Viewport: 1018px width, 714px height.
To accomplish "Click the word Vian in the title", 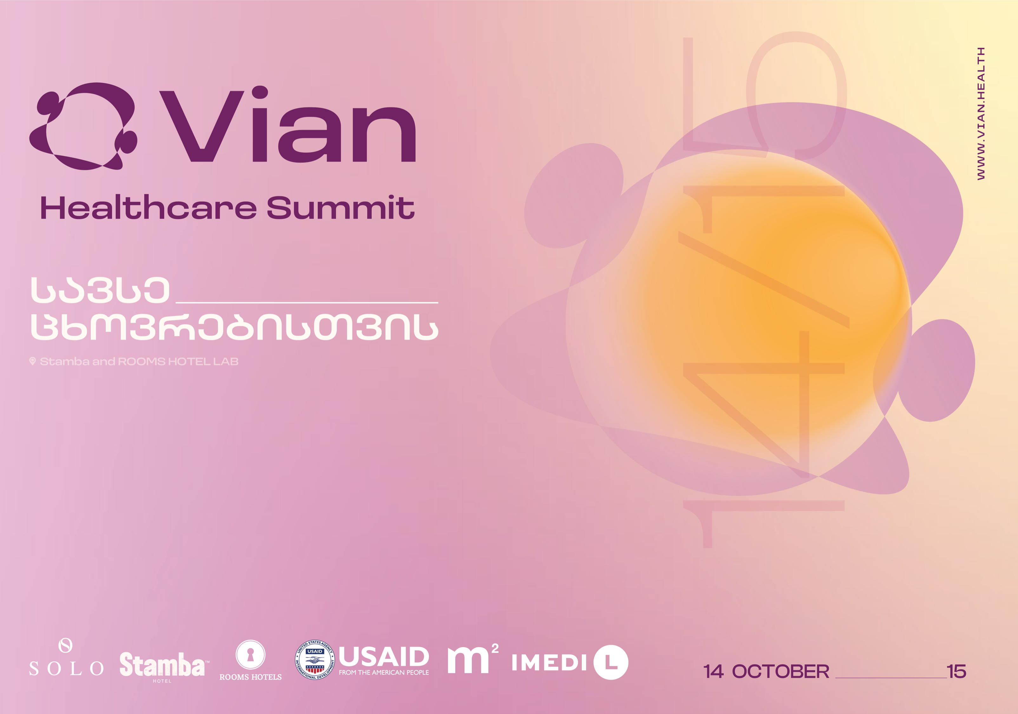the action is [288, 125].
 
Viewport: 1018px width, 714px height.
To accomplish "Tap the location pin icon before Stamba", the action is [32, 361].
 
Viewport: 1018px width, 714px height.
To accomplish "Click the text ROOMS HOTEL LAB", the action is [178, 361].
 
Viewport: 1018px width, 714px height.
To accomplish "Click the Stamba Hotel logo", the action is [163, 666].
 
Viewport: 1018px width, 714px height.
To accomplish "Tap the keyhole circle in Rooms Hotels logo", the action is [251, 654].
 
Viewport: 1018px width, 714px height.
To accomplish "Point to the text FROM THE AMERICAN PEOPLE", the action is [384, 672].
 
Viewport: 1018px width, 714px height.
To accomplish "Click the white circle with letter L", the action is [611, 662].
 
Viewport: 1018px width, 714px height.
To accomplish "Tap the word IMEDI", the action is [550, 663].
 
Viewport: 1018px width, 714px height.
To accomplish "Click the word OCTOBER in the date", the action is [780, 671].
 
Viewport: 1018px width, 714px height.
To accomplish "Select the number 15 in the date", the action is [956, 671].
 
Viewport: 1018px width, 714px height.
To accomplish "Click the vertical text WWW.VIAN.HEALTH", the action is [981, 114].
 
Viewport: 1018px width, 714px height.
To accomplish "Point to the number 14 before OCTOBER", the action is [713, 671].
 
